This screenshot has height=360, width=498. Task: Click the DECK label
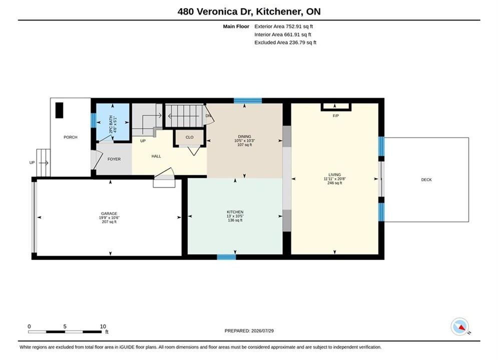(x=426, y=179)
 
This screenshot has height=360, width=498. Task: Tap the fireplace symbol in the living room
(x=336, y=107)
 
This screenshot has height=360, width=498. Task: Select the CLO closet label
(x=189, y=137)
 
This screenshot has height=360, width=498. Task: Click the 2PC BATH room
(x=113, y=122)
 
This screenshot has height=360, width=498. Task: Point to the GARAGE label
(x=109, y=213)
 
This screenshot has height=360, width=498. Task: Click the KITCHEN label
(x=235, y=212)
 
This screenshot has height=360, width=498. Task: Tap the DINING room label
(x=245, y=136)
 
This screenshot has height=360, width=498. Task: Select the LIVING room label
(x=334, y=175)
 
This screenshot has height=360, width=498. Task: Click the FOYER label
(x=114, y=159)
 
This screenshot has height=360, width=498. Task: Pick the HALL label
(x=156, y=156)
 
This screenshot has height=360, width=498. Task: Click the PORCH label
(x=71, y=137)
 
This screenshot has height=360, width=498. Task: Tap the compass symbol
(x=460, y=326)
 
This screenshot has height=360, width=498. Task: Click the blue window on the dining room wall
(x=248, y=101)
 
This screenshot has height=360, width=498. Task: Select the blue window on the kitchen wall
(x=226, y=257)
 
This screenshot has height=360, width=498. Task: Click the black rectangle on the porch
(x=60, y=110)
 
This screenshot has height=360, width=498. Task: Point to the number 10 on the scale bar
(x=103, y=326)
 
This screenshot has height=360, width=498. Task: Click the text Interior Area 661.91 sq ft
(x=283, y=34)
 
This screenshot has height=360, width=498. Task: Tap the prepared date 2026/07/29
(x=262, y=330)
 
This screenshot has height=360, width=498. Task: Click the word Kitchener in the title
(x=279, y=11)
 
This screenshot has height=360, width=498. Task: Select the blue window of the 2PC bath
(x=94, y=120)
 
